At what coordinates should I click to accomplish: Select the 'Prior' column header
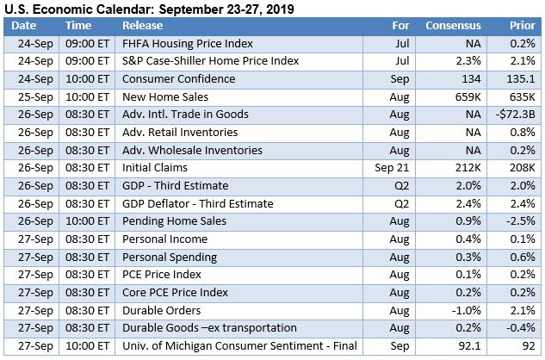click(520, 26)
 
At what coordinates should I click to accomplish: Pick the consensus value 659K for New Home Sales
click(463, 97)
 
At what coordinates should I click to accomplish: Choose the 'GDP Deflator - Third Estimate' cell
click(197, 204)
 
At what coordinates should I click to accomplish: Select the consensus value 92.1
click(466, 346)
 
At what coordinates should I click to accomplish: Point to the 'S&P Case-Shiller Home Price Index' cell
click(210, 61)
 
